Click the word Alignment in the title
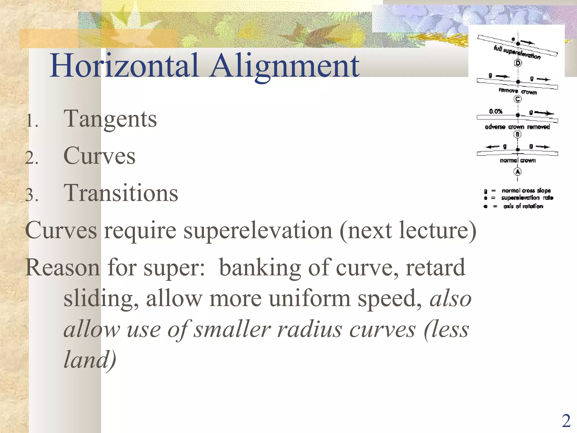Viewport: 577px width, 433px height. pos(285,66)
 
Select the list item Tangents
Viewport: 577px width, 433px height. pos(110,119)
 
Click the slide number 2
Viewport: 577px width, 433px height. pos(566,421)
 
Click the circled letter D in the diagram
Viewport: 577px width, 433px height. pos(518,63)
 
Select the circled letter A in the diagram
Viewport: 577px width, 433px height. pos(518,171)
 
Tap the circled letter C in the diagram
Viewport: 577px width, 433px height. pos(518,99)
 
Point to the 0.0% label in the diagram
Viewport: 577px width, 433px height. pos(496,111)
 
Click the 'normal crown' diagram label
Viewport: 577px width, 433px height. pos(518,160)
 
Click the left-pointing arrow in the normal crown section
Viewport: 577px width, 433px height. pos(493,147)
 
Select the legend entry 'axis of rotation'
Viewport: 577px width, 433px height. pos(523,206)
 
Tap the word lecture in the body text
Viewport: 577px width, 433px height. pos(434,231)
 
